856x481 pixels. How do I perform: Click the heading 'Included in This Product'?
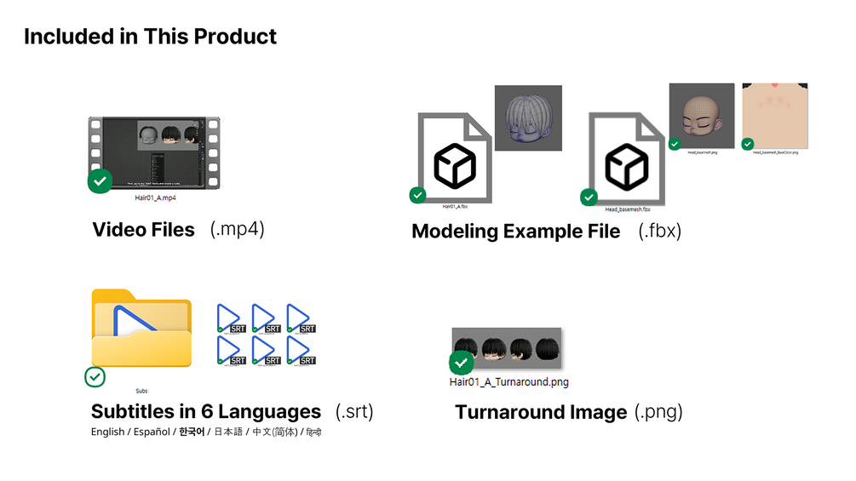(150, 37)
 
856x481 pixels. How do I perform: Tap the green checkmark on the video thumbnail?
(101, 181)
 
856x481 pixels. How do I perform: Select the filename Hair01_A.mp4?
(156, 198)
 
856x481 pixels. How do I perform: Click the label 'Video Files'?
(143, 230)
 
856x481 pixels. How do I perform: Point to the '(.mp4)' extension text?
(238, 230)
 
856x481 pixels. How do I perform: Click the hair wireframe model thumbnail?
(528, 118)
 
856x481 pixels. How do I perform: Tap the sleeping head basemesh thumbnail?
(702, 116)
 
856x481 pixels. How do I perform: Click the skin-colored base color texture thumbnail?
(775, 116)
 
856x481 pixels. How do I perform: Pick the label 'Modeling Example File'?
(515, 232)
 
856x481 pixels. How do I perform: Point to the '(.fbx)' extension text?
(660, 232)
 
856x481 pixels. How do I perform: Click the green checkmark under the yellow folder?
(95, 376)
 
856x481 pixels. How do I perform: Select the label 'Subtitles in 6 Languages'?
(206, 412)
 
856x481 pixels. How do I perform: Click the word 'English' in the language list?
(107, 432)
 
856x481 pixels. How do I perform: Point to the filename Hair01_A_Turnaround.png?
(509, 382)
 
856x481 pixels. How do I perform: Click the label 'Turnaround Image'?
(541, 413)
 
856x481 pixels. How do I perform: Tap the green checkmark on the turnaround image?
(462, 364)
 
